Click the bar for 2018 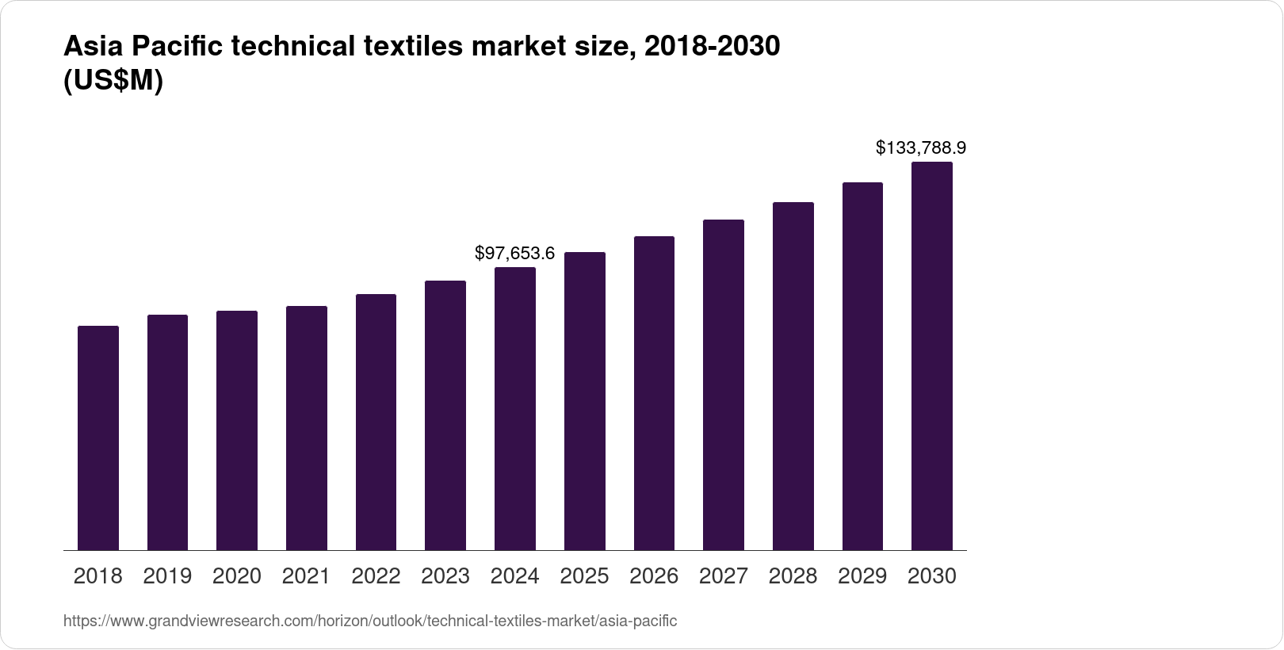pyautogui.click(x=98, y=438)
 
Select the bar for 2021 pyautogui.click(x=307, y=428)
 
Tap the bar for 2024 pyautogui.click(x=515, y=408)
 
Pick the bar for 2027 pyautogui.click(x=724, y=384)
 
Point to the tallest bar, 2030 pyautogui.click(x=932, y=356)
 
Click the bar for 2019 pyautogui.click(x=167, y=432)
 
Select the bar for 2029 pyautogui.click(x=862, y=366)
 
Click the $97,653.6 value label pyautogui.click(x=514, y=254)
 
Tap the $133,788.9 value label pyautogui.click(x=920, y=147)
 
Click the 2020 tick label pyautogui.click(x=237, y=576)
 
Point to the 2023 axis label pyautogui.click(x=445, y=576)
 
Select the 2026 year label pyautogui.click(x=654, y=576)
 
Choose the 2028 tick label pyautogui.click(x=793, y=576)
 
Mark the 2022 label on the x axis pyautogui.click(x=376, y=576)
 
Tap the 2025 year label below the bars pyautogui.click(x=584, y=576)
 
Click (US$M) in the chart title pyautogui.click(x=113, y=82)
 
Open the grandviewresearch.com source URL pyautogui.click(x=370, y=621)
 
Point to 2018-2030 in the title pyautogui.click(x=712, y=47)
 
